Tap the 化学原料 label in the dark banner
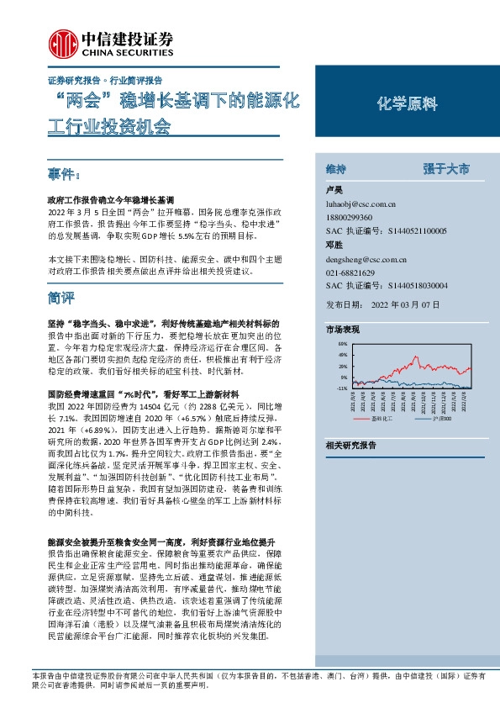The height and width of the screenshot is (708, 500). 407,104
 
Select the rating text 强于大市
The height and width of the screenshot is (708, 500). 446,168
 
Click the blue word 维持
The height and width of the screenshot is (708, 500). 335,168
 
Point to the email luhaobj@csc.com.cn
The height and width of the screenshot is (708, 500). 360,203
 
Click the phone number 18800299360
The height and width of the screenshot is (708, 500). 351,216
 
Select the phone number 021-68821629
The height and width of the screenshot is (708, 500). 351,273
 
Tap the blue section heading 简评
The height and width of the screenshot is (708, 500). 62,298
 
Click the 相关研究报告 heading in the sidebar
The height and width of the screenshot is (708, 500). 350,445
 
